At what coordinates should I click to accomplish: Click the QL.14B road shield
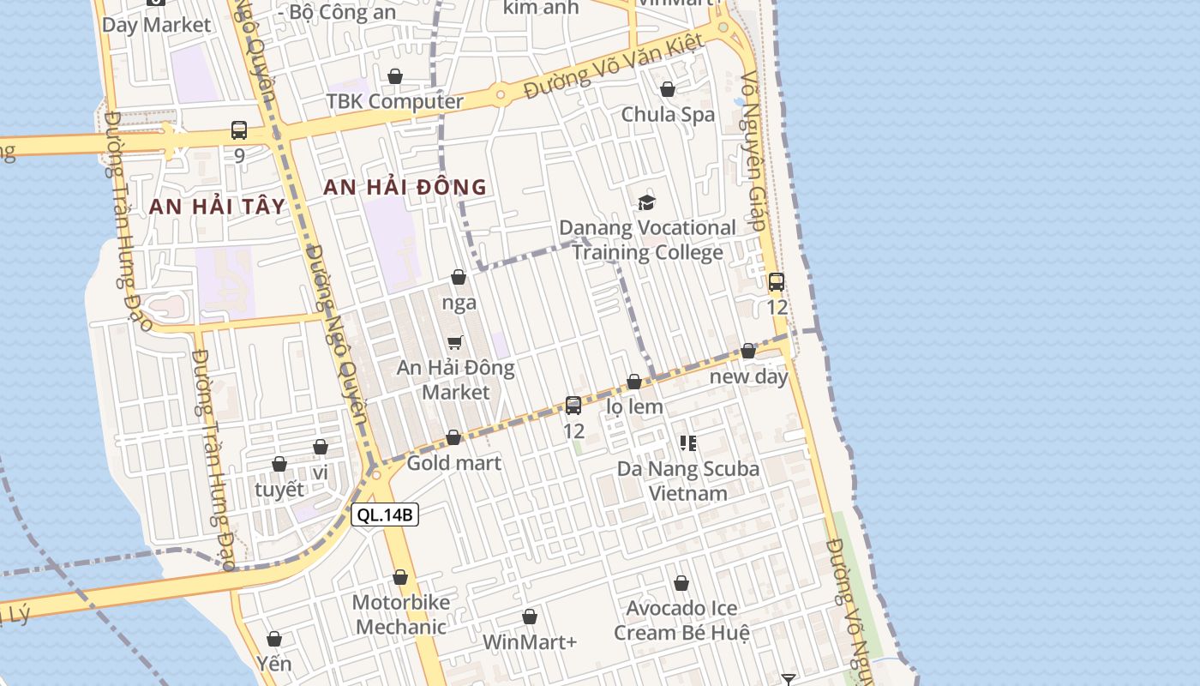385,514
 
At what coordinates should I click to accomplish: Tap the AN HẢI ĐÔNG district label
405,187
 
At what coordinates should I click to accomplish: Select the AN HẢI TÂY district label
216,206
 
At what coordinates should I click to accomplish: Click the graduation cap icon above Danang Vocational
646,202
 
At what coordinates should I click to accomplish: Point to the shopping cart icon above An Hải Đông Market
455,343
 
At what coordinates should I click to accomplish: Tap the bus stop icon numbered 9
239,130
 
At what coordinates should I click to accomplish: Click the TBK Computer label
394,101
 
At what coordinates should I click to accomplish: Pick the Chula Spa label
668,114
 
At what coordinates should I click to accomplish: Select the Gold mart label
453,463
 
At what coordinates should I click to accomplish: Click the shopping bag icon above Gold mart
453,438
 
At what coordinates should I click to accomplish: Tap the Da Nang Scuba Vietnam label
688,480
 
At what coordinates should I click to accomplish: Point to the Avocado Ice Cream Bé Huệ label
681,620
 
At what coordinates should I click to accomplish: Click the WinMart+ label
530,641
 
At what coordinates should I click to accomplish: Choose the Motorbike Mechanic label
400,614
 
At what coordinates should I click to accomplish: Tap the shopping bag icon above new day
748,351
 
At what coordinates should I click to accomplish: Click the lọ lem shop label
634,406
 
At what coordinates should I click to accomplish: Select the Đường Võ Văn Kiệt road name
614,66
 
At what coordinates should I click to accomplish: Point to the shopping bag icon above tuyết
279,464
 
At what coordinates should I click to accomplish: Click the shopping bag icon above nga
459,277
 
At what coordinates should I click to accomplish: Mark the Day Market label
156,24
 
